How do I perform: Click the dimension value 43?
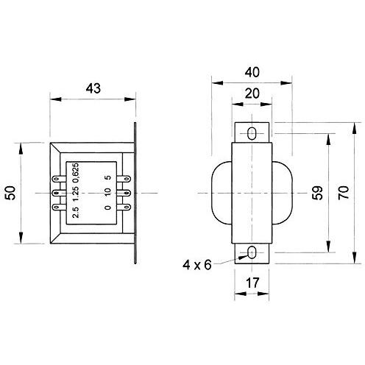point(93,88)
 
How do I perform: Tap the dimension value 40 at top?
point(252,72)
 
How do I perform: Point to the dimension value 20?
point(252,93)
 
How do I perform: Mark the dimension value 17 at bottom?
point(252,283)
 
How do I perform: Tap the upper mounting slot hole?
point(252,133)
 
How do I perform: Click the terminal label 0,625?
point(77,174)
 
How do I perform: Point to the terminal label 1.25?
point(77,193)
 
